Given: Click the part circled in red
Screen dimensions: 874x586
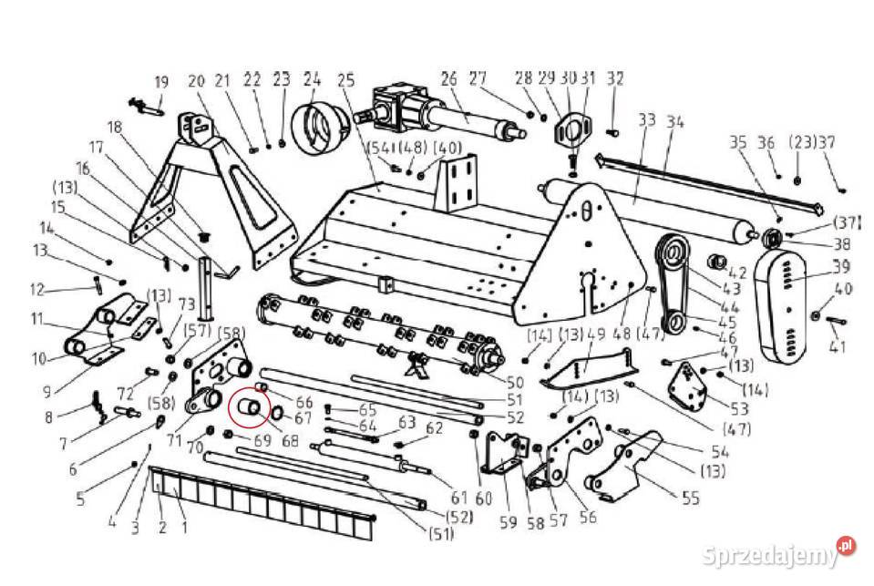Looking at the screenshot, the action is point(249,407).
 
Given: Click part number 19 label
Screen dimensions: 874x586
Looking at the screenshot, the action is point(161,83).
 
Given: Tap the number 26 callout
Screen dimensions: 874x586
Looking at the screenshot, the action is point(449,78).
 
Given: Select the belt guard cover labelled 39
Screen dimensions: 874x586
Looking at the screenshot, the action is point(780,305).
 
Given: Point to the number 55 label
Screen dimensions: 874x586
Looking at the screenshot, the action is point(690,498).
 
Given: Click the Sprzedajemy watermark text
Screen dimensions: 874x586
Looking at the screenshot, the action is point(770,555).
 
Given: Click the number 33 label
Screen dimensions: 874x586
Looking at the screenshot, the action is point(647,120).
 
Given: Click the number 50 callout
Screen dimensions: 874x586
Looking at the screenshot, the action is point(515,383).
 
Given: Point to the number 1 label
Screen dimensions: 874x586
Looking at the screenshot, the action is point(184,526).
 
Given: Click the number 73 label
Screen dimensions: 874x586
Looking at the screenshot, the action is point(186,304).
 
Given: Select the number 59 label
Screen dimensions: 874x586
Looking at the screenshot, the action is point(508,522).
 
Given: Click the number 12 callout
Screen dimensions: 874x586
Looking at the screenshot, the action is point(36,290).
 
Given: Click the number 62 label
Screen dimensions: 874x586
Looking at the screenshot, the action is point(434,427).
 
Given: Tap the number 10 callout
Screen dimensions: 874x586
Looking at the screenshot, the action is point(38,358).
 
